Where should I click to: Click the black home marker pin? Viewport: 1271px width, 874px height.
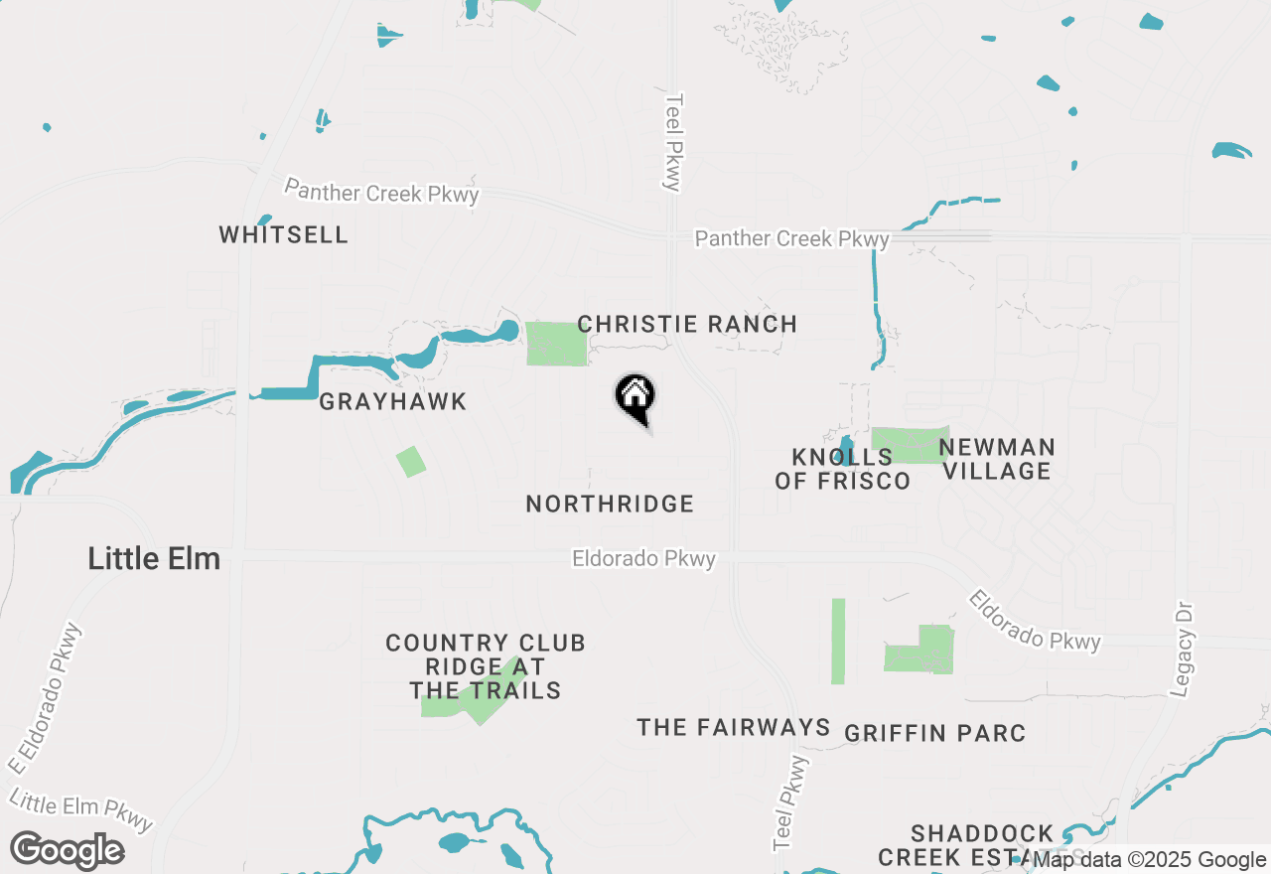635,397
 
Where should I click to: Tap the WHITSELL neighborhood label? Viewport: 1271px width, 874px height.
284,235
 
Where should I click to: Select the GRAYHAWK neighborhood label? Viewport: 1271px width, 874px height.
393,402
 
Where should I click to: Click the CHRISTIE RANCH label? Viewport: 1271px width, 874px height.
687,325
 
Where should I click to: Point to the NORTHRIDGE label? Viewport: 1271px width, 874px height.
610,505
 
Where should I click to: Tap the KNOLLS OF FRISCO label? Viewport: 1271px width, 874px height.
843,470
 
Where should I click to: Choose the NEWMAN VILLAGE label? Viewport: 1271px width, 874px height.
997,459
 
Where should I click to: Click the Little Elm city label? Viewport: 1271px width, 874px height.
154,558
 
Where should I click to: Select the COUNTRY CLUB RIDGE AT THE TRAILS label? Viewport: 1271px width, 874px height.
486,666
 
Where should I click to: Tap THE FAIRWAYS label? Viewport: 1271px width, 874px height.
734,728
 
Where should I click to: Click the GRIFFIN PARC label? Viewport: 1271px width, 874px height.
934,734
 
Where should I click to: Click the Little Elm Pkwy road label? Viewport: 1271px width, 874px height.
81,808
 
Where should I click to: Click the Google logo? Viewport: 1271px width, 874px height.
67,851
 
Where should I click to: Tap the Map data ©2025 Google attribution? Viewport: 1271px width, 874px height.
1149,860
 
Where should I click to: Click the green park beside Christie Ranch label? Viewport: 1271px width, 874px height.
556,344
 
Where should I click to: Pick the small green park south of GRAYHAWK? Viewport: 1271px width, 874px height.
411,462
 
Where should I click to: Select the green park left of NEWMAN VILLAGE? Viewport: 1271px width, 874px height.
909,445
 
